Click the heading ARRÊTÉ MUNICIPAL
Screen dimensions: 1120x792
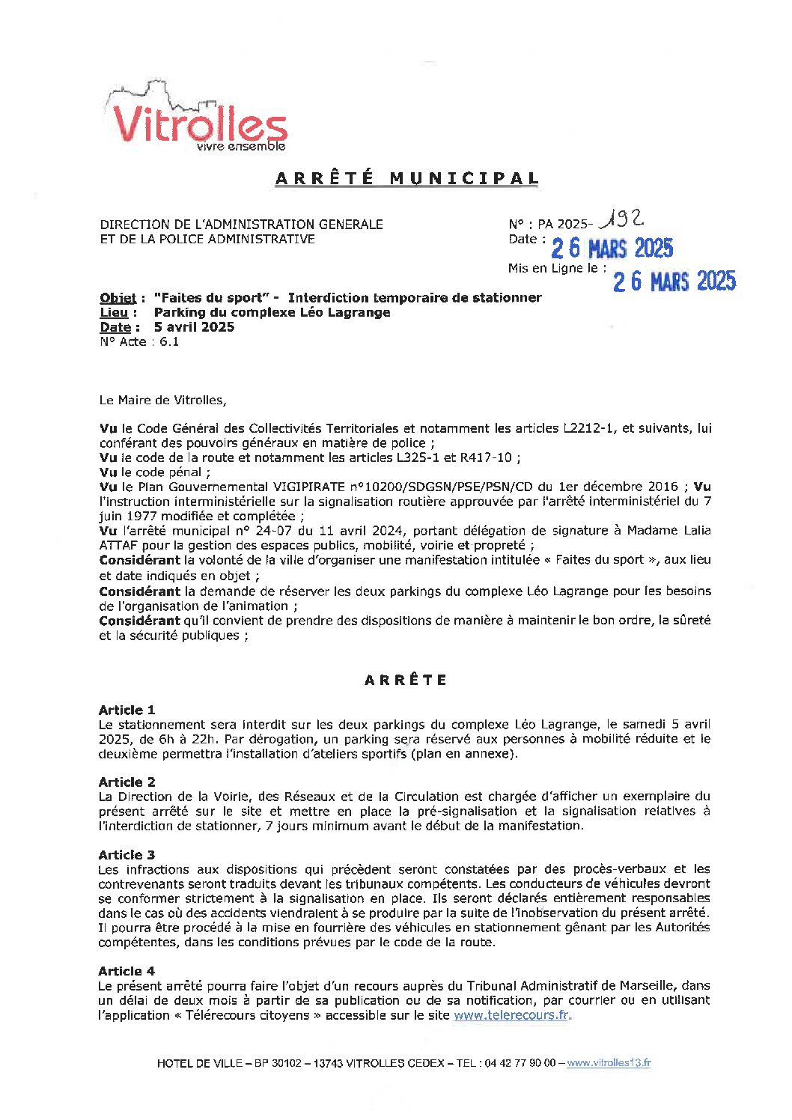(407, 178)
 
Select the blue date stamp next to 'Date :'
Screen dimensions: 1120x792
(612, 248)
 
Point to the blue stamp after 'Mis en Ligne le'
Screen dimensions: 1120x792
(674, 281)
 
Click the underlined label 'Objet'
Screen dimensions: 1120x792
(118, 298)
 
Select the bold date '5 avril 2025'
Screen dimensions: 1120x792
(194, 327)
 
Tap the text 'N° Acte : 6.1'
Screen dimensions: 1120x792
(139, 342)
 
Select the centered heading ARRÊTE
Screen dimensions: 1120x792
(406, 680)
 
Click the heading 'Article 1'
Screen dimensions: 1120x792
(127, 710)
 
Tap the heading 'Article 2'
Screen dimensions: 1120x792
(127, 782)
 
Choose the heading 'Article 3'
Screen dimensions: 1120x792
(127, 854)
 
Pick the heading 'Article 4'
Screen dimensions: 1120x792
(127, 971)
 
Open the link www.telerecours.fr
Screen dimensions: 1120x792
(511, 1015)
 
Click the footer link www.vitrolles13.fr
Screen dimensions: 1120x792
(609, 1063)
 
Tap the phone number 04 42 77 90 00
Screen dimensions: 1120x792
(520, 1063)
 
